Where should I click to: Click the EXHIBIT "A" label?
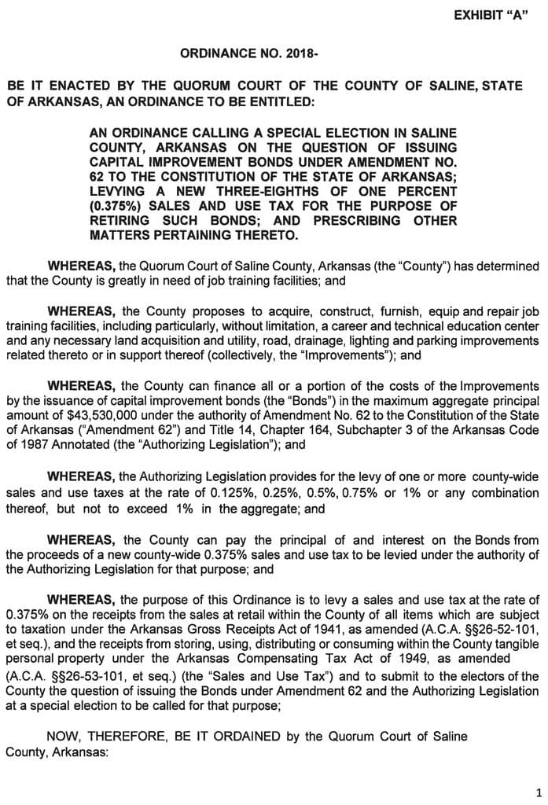click(491, 17)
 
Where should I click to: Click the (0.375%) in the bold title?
click(118, 205)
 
